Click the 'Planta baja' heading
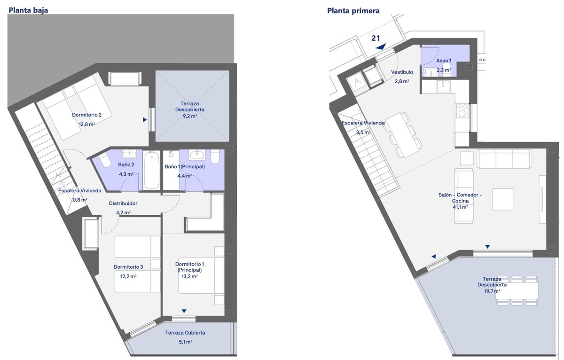[28, 10]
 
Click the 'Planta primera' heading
[353, 11]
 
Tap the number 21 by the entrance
[376, 38]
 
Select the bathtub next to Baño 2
[151, 170]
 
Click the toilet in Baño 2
[105, 160]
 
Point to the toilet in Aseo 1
[446, 68]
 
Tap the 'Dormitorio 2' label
[86, 115]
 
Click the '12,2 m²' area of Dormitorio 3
[128, 276]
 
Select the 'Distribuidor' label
[123, 203]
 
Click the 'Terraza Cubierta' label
[185, 333]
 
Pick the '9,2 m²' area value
[189, 116]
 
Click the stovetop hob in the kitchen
[462, 110]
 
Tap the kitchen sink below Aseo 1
[443, 86]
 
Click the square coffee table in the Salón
[503, 199]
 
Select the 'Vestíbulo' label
[402, 72]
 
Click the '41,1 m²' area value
[460, 207]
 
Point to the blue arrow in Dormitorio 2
[145, 119]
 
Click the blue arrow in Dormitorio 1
[184, 311]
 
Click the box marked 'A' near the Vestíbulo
[357, 83]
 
